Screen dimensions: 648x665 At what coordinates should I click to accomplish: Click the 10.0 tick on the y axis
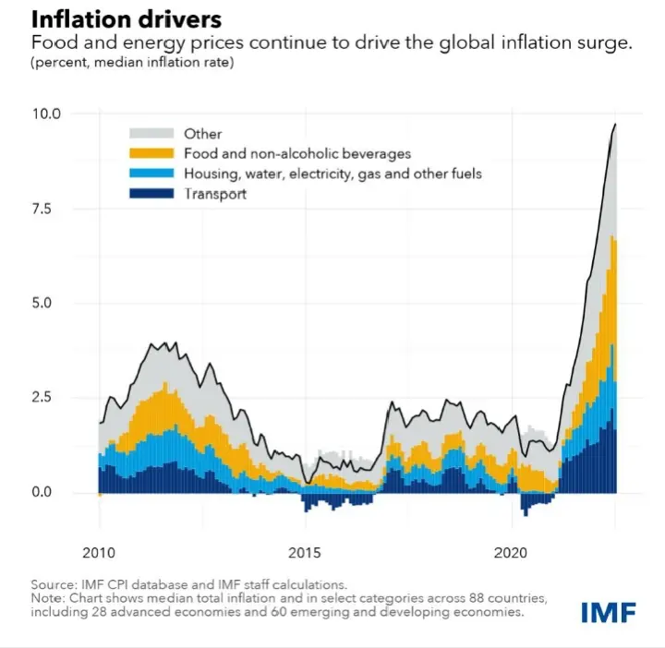[x=46, y=114]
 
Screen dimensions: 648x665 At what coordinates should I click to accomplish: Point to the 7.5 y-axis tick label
[x=49, y=209]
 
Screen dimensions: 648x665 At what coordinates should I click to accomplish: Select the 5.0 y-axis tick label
[x=49, y=303]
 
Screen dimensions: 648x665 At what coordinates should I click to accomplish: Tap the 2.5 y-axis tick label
[x=49, y=398]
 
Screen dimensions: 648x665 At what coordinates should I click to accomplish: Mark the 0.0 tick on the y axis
[x=49, y=492]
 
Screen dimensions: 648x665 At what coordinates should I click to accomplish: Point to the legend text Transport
[x=215, y=194]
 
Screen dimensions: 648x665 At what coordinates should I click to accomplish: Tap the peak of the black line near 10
[x=616, y=124]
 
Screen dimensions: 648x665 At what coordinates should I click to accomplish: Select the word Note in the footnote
[x=48, y=597]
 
